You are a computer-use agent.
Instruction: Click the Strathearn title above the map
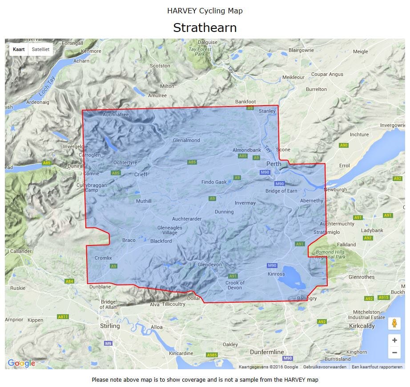pyautogui.click(x=205, y=28)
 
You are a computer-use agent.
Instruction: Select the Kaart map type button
pyautogui.click(x=19, y=49)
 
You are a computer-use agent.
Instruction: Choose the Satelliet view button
pyautogui.click(x=40, y=49)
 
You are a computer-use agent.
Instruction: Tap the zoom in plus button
pyautogui.click(x=394, y=340)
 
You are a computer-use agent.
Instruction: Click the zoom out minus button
pyautogui.click(x=394, y=353)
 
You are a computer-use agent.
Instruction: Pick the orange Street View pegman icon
pyautogui.click(x=394, y=324)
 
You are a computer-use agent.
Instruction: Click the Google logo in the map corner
pyautogui.click(x=21, y=363)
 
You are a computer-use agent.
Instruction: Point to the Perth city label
pyautogui.click(x=273, y=164)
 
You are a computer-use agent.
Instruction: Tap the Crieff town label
pyautogui.click(x=141, y=174)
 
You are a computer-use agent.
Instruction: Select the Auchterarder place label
pyautogui.click(x=187, y=219)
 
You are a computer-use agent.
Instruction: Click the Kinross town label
pyautogui.click(x=276, y=274)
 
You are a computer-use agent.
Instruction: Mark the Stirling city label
pyautogui.click(x=109, y=326)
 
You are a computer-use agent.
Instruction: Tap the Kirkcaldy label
pyautogui.click(x=362, y=326)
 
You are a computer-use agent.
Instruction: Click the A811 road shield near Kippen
pyautogui.click(x=63, y=317)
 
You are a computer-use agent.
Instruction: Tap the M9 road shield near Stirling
pyautogui.click(x=108, y=343)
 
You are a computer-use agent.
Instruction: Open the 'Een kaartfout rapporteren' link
pyautogui.click(x=377, y=367)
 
